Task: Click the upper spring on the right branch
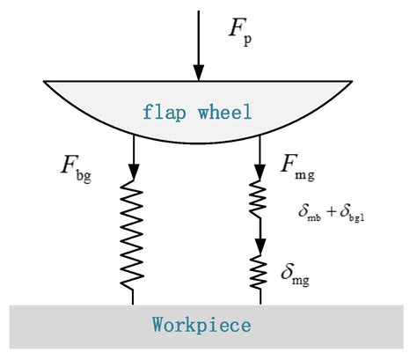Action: (260, 202)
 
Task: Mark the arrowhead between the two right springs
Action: (260, 245)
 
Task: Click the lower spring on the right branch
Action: (260, 275)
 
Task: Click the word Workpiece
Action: (201, 326)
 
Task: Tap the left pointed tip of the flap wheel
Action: (45, 83)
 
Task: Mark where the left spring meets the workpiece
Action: (134, 305)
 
